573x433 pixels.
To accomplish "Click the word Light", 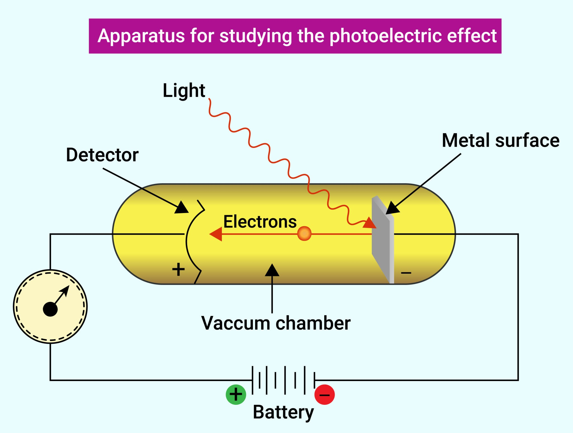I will tap(184, 91).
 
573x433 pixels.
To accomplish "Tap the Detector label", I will tap(102, 155).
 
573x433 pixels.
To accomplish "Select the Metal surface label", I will tap(500, 140).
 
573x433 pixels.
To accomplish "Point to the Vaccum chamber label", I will tap(275, 323).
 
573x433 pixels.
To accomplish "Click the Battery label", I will tap(283, 412).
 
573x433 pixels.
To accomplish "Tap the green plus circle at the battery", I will tap(236, 394).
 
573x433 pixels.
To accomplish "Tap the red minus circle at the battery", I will tap(325, 395).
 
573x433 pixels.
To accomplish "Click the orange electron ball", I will tap(304, 234).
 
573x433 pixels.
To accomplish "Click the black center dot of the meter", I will tap(50, 309).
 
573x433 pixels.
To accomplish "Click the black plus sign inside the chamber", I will tap(178, 269).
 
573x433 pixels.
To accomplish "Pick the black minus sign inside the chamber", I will tap(406, 273).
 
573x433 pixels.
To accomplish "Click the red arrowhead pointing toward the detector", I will tap(216, 234).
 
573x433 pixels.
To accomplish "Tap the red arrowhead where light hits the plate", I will tap(370, 223).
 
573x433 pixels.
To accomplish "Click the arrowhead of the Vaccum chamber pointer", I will tap(272, 270).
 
